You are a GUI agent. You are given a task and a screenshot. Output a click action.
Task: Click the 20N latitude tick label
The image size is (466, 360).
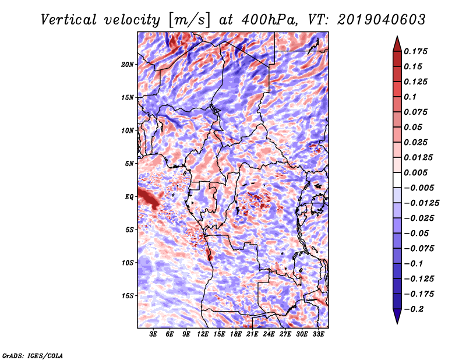128,64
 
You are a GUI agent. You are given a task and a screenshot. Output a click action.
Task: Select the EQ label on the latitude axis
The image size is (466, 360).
129,197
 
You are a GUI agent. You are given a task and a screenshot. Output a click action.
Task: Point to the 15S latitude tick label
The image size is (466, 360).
128,296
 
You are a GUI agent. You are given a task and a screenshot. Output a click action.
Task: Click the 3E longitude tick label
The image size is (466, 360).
154,335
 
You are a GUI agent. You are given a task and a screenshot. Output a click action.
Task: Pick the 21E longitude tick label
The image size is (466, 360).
252,335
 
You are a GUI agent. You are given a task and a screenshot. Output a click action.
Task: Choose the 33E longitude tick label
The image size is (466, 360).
318,335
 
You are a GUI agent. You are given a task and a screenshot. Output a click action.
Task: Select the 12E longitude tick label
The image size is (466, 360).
203,335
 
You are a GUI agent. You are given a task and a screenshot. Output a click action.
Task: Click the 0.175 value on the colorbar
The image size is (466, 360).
416,51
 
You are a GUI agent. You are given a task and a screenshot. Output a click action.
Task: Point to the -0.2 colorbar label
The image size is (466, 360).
414,309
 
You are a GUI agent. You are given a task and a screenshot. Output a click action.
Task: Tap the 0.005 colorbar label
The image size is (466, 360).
416,172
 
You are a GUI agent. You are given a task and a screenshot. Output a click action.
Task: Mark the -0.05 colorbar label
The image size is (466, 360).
416,233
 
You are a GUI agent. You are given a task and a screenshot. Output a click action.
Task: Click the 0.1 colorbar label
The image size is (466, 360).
410,97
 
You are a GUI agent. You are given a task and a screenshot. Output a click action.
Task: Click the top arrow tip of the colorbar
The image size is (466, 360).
396,38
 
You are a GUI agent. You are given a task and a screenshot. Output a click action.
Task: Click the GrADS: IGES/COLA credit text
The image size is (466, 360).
33,355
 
